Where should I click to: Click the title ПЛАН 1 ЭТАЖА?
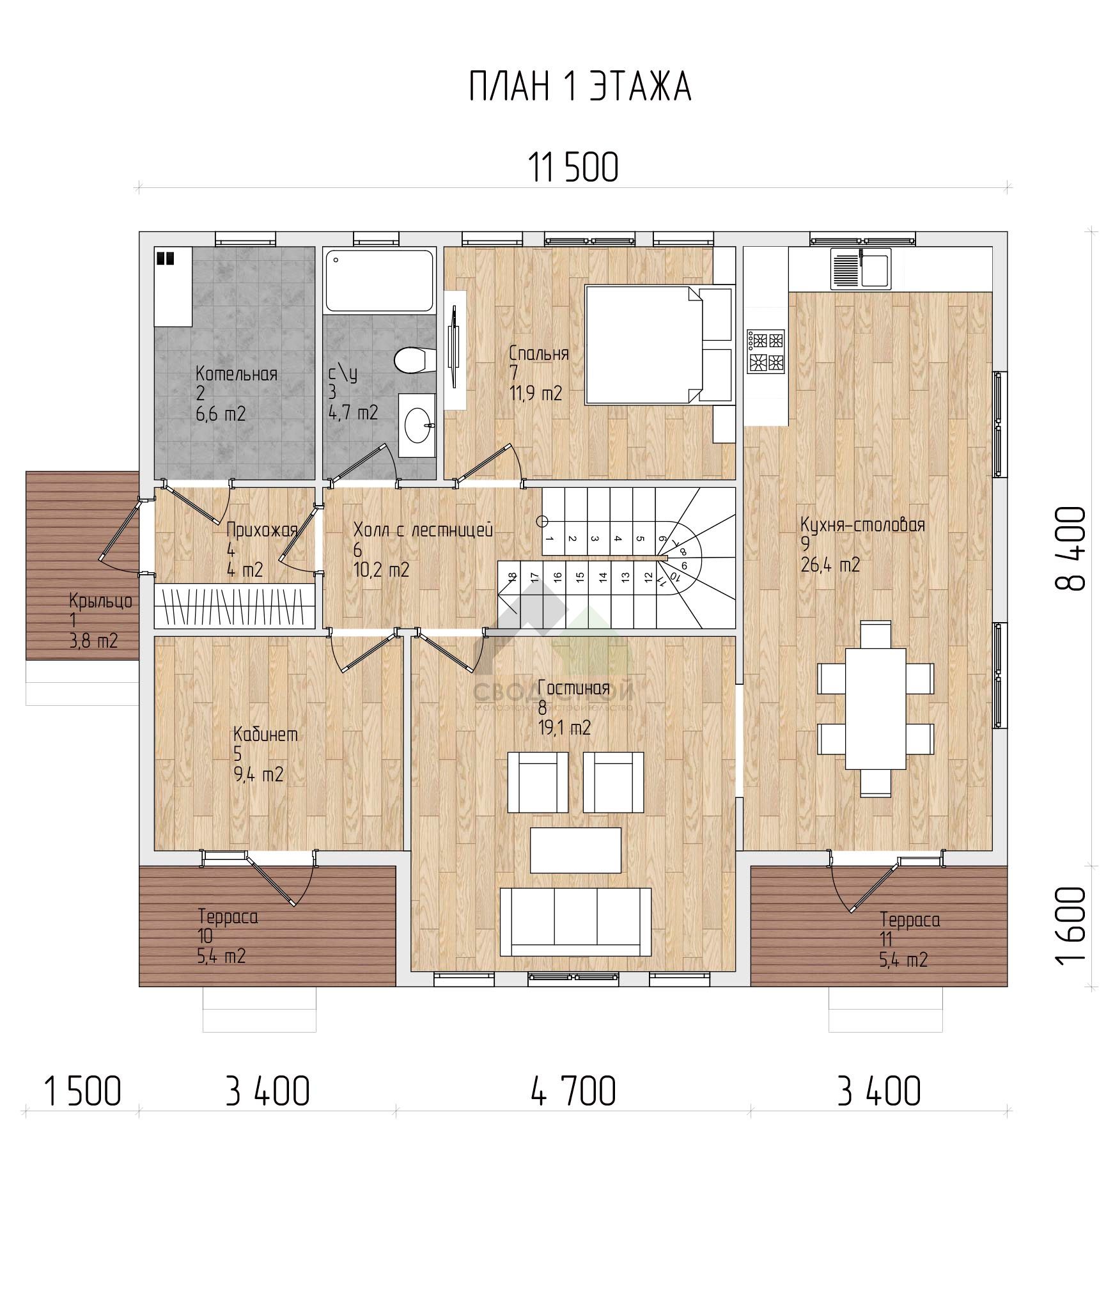[580, 86]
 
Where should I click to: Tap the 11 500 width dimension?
[573, 168]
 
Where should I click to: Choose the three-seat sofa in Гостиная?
[575, 922]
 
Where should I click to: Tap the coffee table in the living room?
[575, 850]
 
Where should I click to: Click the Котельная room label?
[237, 374]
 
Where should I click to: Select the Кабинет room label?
[265, 735]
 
